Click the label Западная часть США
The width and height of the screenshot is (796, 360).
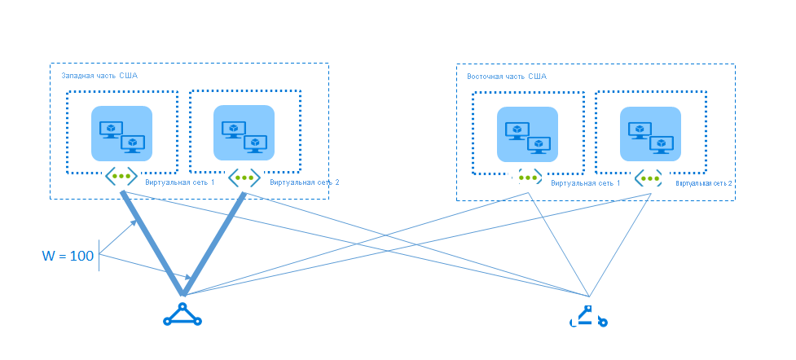(x=99, y=76)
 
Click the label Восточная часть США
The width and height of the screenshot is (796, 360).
(x=506, y=77)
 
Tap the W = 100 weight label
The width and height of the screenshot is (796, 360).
(x=68, y=257)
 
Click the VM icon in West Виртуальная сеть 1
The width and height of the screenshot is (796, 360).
(x=122, y=134)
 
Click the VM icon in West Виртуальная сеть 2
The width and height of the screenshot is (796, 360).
(x=244, y=133)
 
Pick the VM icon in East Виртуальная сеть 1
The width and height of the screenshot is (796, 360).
(x=527, y=135)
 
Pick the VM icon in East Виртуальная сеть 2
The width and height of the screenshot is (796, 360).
(x=650, y=134)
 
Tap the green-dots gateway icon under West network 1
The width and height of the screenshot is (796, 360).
(x=121, y=176)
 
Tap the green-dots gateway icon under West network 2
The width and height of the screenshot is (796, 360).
(x=244, y=177)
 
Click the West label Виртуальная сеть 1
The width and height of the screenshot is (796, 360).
(x=180, y=182)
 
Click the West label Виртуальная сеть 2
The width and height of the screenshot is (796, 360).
(x=304, y=182)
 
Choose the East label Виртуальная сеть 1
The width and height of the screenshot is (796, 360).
(x=585, y=184)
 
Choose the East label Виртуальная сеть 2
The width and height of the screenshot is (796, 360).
(x=705, y=184)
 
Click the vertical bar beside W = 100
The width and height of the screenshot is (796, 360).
(x=99, y=255)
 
